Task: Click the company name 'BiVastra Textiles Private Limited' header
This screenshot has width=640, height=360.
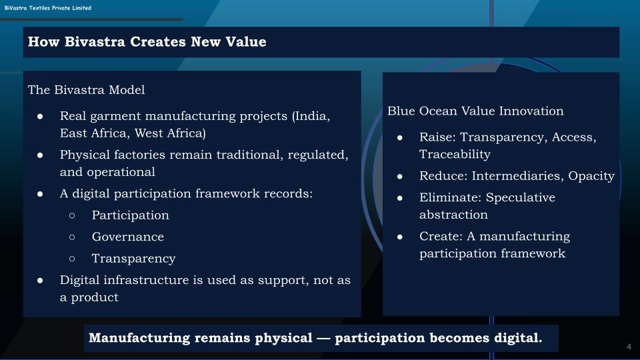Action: tap(48, 8)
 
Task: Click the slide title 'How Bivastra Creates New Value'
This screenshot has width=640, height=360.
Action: tap(147, 41)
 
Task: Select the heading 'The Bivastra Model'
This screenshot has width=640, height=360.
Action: tap(86, 90)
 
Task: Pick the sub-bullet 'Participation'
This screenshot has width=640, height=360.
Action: tap(130, 215)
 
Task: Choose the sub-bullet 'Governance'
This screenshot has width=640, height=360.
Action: tap(128, 237)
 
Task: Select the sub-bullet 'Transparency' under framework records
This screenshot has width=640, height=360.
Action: tap(133, 259)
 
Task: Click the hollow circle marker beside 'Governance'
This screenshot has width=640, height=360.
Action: tap(72, 237)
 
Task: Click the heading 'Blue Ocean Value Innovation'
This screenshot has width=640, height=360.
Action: tap(475, 111)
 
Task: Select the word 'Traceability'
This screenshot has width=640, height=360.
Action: tap(455, 154)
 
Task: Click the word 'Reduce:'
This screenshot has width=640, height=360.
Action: tap(443, 176)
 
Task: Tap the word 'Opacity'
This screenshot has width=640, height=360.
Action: tap(591, 176)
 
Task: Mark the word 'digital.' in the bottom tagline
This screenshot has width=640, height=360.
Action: tap(519, 338)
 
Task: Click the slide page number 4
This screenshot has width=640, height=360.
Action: tap(629, 347)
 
